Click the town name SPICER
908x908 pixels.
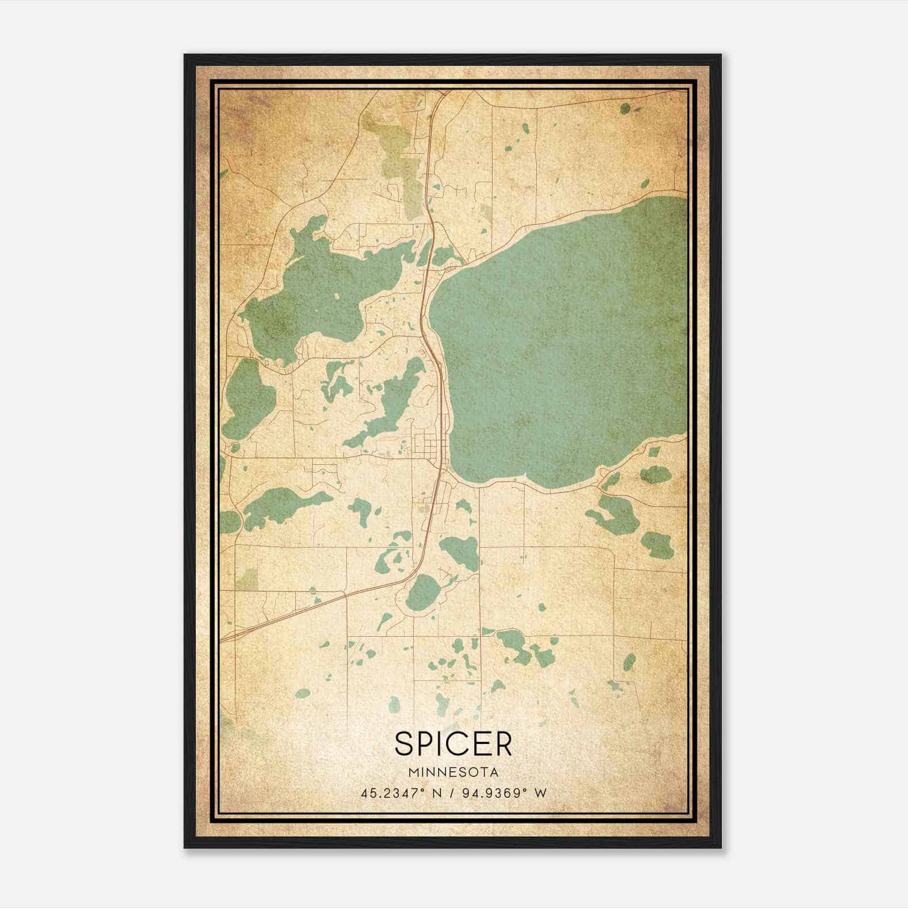click(453, 743)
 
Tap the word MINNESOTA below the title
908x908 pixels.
click(453, 772)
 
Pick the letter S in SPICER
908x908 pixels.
click(405, 743)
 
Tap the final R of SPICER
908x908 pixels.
click(502, 743)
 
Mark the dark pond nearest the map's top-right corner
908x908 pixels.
click(625, 108)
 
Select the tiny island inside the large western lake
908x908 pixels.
click(337, 296)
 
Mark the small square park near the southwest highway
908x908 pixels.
click(246, 579)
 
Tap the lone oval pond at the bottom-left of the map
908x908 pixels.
click(304, 693)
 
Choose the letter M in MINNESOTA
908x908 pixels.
click(412, 772)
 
